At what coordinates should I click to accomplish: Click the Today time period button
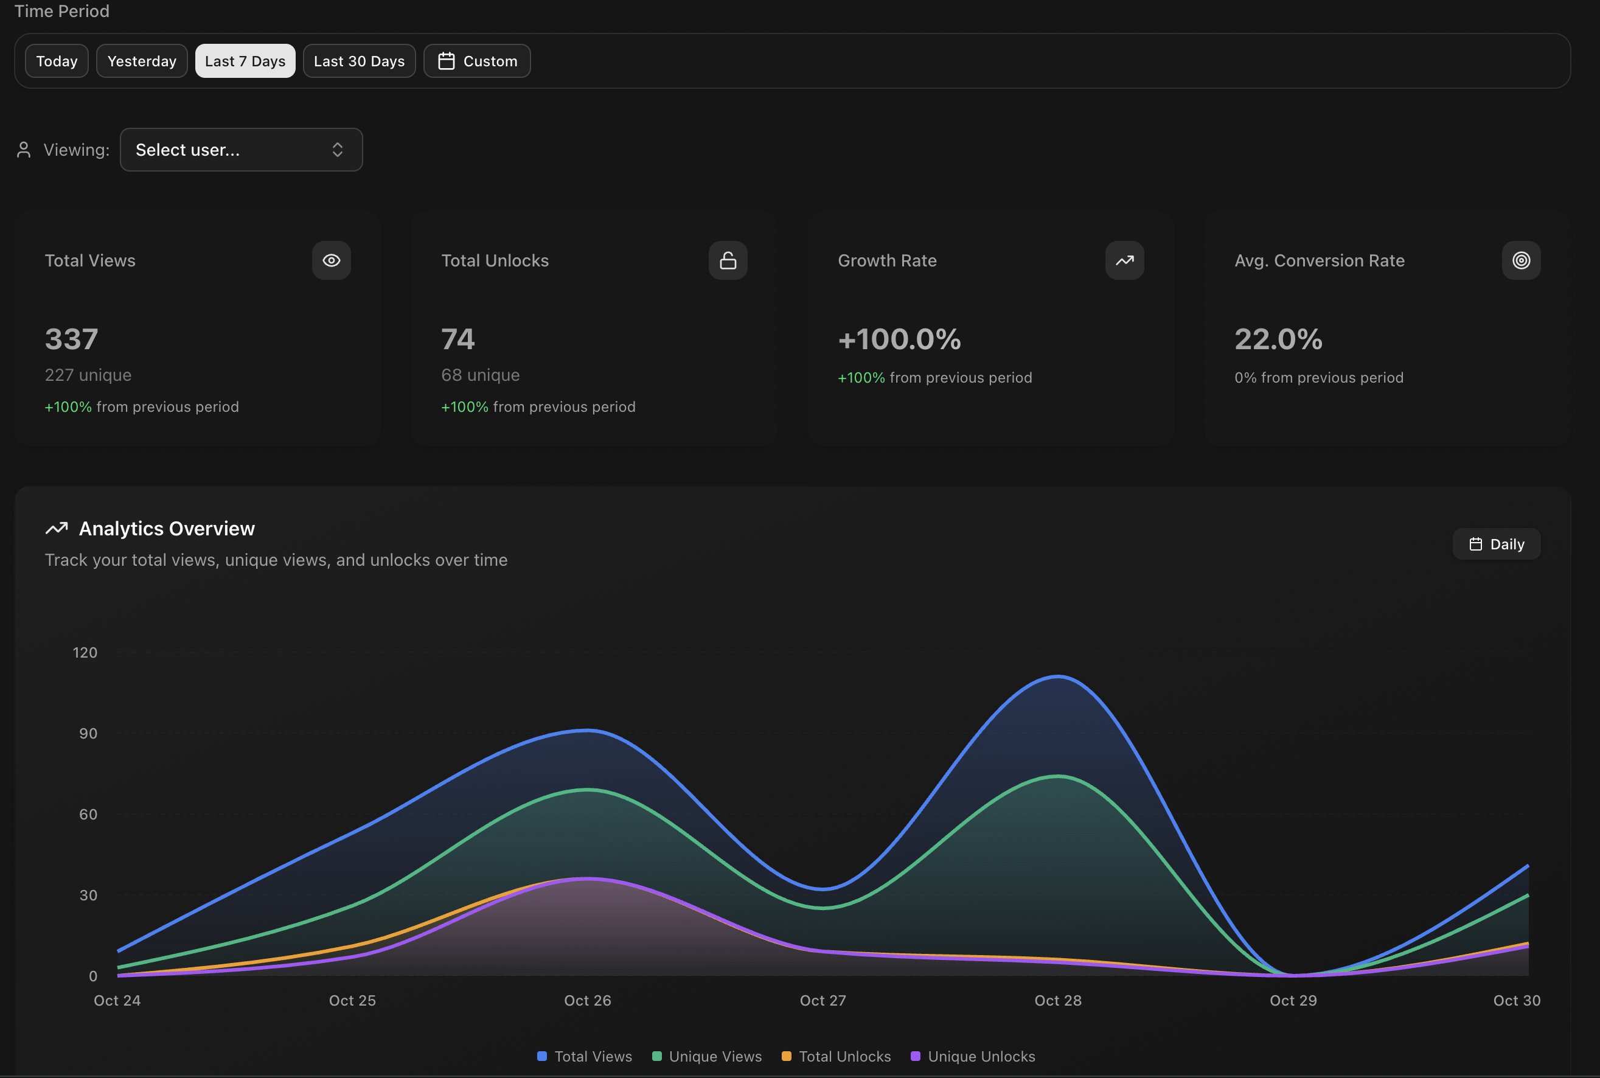coord(57,61)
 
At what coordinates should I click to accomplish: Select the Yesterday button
coord(142,61)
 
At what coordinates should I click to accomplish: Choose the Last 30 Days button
coord(359,61)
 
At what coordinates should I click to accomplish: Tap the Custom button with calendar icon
coord(476,61)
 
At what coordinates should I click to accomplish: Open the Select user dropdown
coord(241,150)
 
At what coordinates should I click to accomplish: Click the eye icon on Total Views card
coord(332,260)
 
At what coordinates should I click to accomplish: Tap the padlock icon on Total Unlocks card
coord(728,260)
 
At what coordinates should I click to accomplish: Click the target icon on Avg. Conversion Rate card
coord(1520,260)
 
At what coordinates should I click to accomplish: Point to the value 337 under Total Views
coord(72,339)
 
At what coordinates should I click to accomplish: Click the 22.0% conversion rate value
coord(1278,339)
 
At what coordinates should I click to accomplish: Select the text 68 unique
coord(480,375)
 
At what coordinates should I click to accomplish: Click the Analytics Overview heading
coord(167,529)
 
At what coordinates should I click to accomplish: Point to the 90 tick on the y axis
coord(88,734)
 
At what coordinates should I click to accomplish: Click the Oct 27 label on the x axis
coord(823,1001)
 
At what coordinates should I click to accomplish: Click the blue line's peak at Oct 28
coord(1057,677)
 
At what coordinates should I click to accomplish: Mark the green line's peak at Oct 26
coord(587,790)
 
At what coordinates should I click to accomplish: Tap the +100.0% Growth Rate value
coord(899,339)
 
